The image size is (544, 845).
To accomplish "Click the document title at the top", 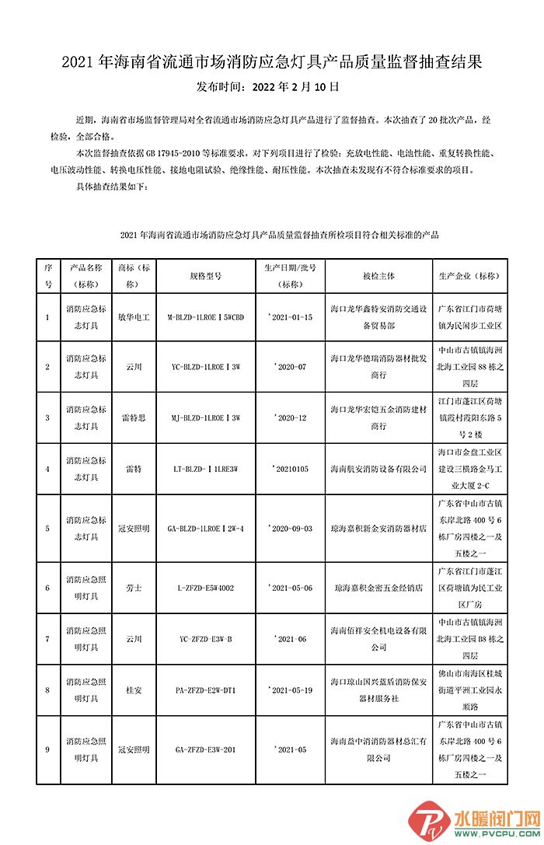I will (272, 61).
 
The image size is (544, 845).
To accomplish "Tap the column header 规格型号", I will (206, 275).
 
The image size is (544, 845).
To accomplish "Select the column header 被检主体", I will (378, 275).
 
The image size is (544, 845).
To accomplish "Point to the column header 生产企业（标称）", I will (471, 275).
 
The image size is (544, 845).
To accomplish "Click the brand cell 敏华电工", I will (134, 317).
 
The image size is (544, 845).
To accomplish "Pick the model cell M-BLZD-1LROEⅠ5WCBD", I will (206, 317).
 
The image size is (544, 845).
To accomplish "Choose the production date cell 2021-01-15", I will (290, 317).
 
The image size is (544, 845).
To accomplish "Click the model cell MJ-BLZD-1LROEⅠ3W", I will (206, 417).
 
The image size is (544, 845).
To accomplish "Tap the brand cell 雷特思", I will (134, 417).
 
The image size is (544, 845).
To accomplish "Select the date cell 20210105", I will (290, 469).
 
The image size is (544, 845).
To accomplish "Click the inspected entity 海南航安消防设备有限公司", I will (378, 469).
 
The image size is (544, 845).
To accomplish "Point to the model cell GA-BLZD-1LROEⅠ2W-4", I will (206, 528).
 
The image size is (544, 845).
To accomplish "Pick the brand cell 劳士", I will (134, 588).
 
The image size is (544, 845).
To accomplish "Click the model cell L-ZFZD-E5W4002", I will (206, 588).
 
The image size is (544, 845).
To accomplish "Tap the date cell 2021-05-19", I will (290, 690).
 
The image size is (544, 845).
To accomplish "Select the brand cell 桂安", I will (134, 690).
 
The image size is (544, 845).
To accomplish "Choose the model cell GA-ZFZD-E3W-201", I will (206, 749).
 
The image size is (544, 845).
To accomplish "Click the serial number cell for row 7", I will (47, 639).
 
